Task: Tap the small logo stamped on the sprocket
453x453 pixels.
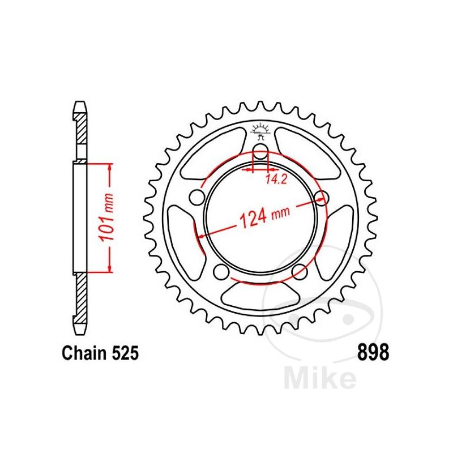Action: coord(261,131)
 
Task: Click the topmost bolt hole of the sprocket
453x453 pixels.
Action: coord(260,151)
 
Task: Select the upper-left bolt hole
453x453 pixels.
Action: coord(198,196)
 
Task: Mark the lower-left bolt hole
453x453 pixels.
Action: coord(221,270)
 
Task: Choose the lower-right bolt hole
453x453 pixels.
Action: coord(300,270)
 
